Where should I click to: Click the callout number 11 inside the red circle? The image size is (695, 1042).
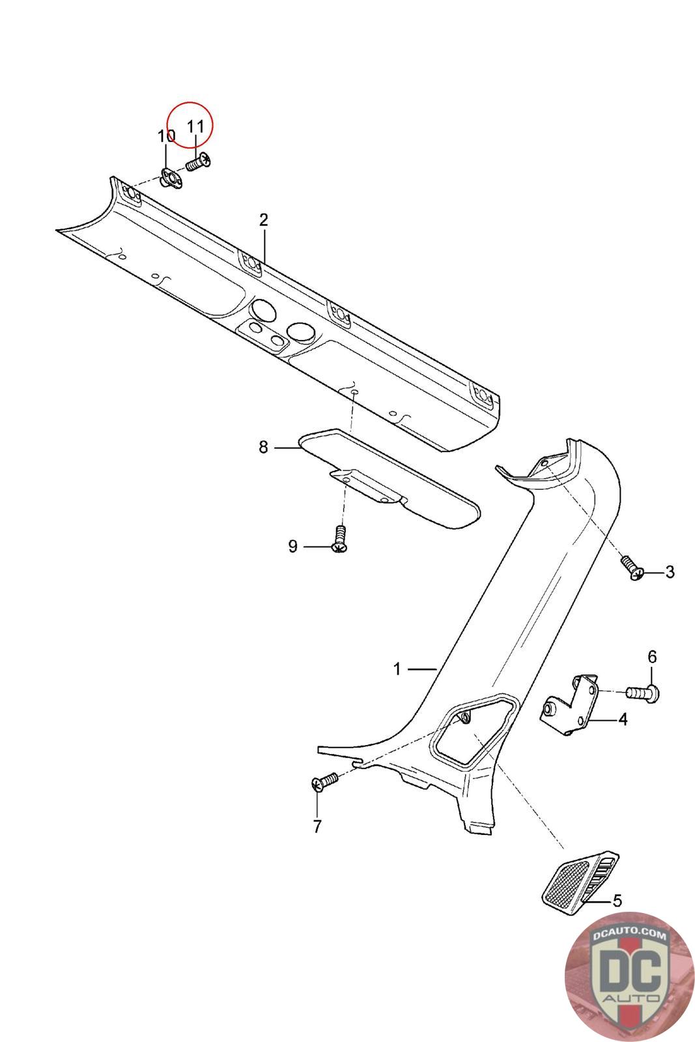pyautogui.click(x=196, y=126)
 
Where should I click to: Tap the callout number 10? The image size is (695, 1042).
pyautogui.click(x=167, y=136)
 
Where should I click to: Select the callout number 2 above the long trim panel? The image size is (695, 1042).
pyautogui.click(x=263, y=219)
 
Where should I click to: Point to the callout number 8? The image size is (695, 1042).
pyautogui.click(x=263, y=447)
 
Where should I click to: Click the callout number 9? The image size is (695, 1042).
pyautogui.click(x=292, y=546)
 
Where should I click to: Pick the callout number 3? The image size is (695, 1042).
pyautogui.click(x=670, y=572)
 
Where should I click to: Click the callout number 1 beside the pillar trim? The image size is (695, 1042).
pyautogui.click(x=397, y=669)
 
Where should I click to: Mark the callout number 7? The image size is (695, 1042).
pyautogui.click(x=317, y=826)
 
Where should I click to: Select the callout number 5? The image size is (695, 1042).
pyautogui.click(x=617, y=901)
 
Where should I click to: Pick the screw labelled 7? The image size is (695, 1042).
pyautogui.click(x=324, y=781)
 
